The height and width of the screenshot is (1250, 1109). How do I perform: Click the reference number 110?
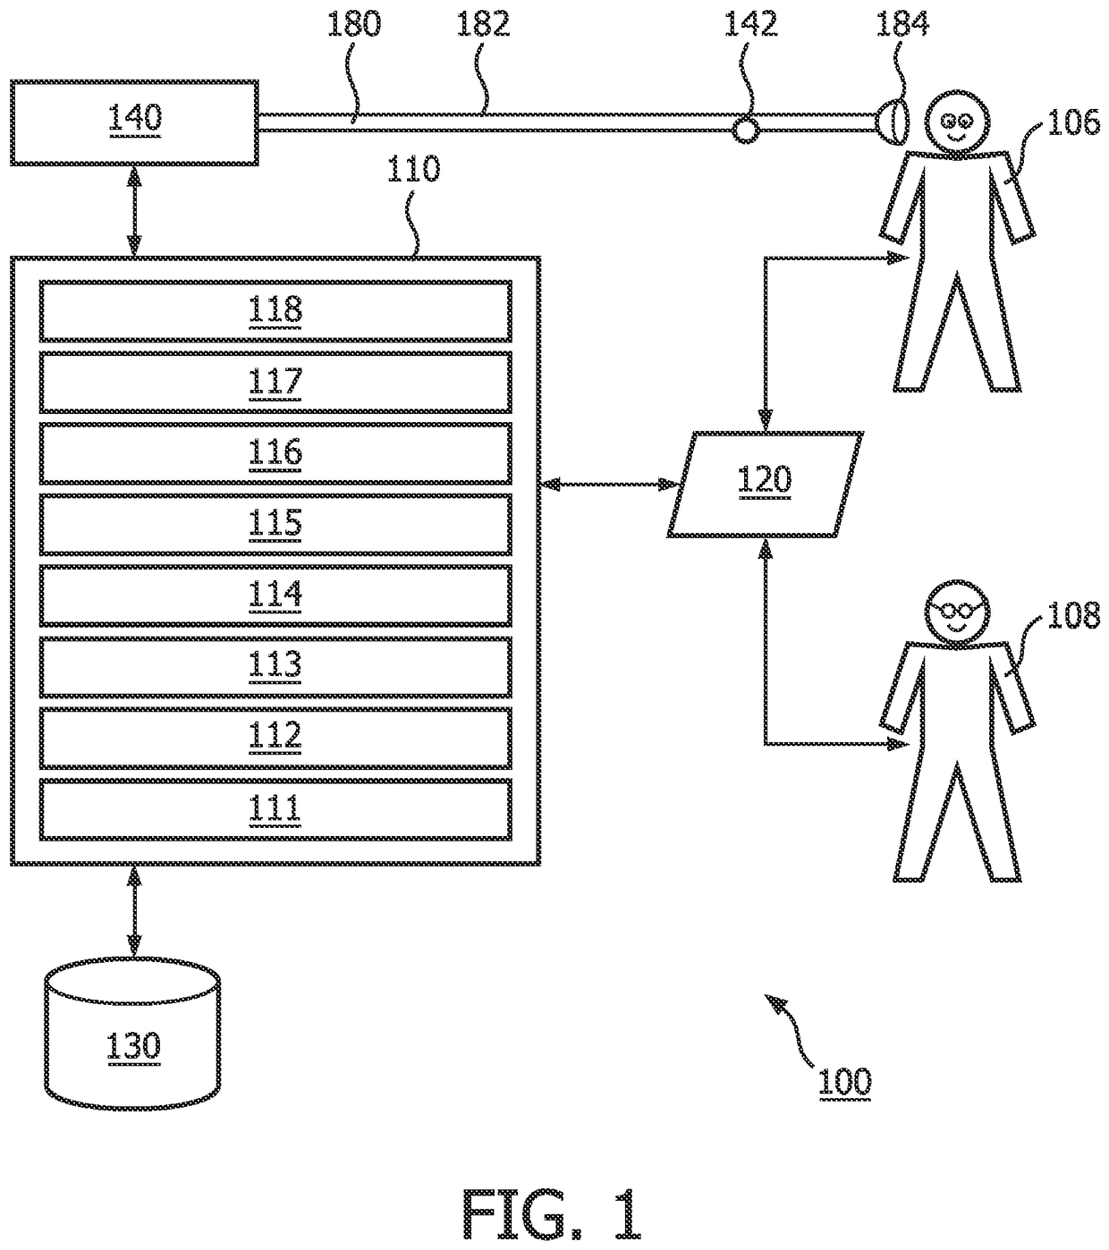[413, 169]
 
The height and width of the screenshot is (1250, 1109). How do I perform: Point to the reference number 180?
[353, 25]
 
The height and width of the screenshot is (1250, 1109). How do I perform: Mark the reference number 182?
[483, 25]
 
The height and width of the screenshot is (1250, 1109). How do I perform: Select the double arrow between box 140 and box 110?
[134, 211]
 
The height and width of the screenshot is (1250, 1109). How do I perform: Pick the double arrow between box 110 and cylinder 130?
[134, 911]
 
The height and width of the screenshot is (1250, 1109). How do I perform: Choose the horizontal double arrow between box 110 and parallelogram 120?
[610, 485]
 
